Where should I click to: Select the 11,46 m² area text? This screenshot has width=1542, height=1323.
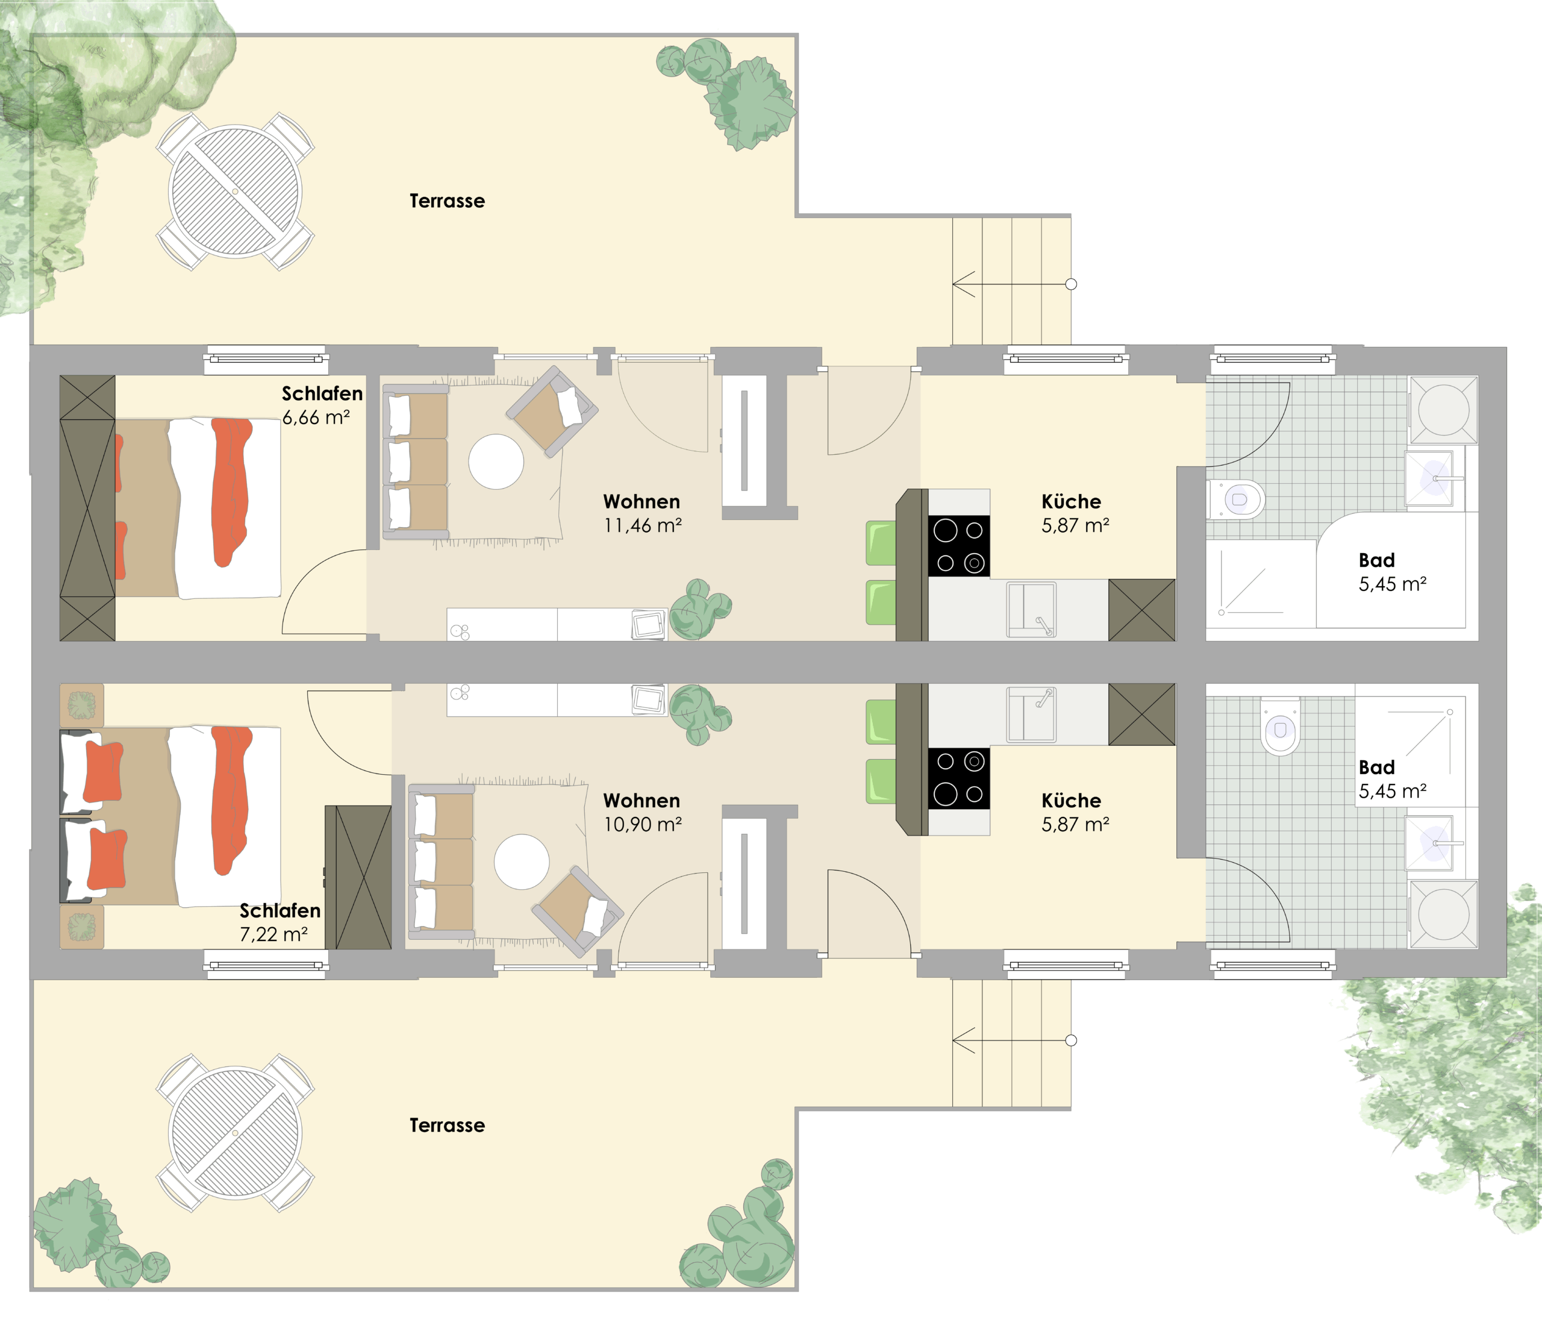click(x=642, y=525)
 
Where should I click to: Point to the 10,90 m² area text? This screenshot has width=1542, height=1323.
click(x=642, y=825)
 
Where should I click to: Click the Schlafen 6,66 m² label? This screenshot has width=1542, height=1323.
click(x=322, y=405)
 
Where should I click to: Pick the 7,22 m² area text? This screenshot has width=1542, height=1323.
click(x=273, y=934)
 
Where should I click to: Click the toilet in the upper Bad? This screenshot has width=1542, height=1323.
click(x=1236, y=499)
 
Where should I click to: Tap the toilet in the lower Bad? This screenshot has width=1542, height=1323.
click(x=1280, y=726)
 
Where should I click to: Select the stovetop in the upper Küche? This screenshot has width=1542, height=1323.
click(x=958, y=546)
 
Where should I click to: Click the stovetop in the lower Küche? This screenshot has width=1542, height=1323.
click(x=958, y=778)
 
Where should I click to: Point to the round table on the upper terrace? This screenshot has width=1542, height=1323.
click(x=235, y=192)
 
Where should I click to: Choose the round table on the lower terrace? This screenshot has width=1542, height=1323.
click(x=235, y=1133)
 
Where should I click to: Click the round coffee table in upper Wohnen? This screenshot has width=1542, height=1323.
click(x=496, y=461)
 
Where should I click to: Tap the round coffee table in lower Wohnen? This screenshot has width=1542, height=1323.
click(x=522, y=862)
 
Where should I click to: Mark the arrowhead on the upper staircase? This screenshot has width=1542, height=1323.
click(x=955, y=284)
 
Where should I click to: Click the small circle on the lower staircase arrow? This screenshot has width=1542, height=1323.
click(x=1071, y=1040)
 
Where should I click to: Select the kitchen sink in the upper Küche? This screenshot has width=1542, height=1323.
click(x=1031, y=610)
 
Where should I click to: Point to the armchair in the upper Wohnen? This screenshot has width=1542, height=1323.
click(x=552, y=411)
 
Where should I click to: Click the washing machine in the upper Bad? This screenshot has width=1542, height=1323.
click(x=1443, y=410)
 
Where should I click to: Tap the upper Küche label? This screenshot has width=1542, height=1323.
click(x=1072, y=502)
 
